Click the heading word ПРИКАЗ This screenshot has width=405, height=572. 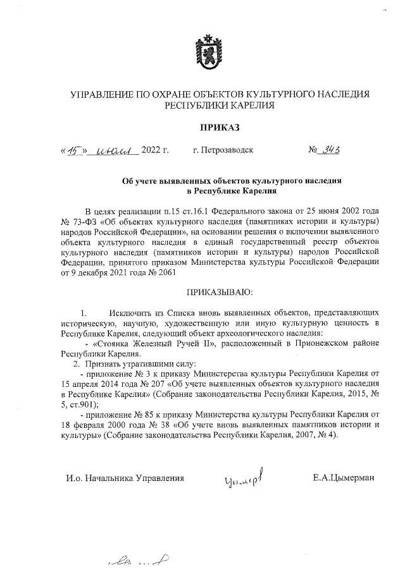point(202,128)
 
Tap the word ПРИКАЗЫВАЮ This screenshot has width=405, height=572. point(202,293)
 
